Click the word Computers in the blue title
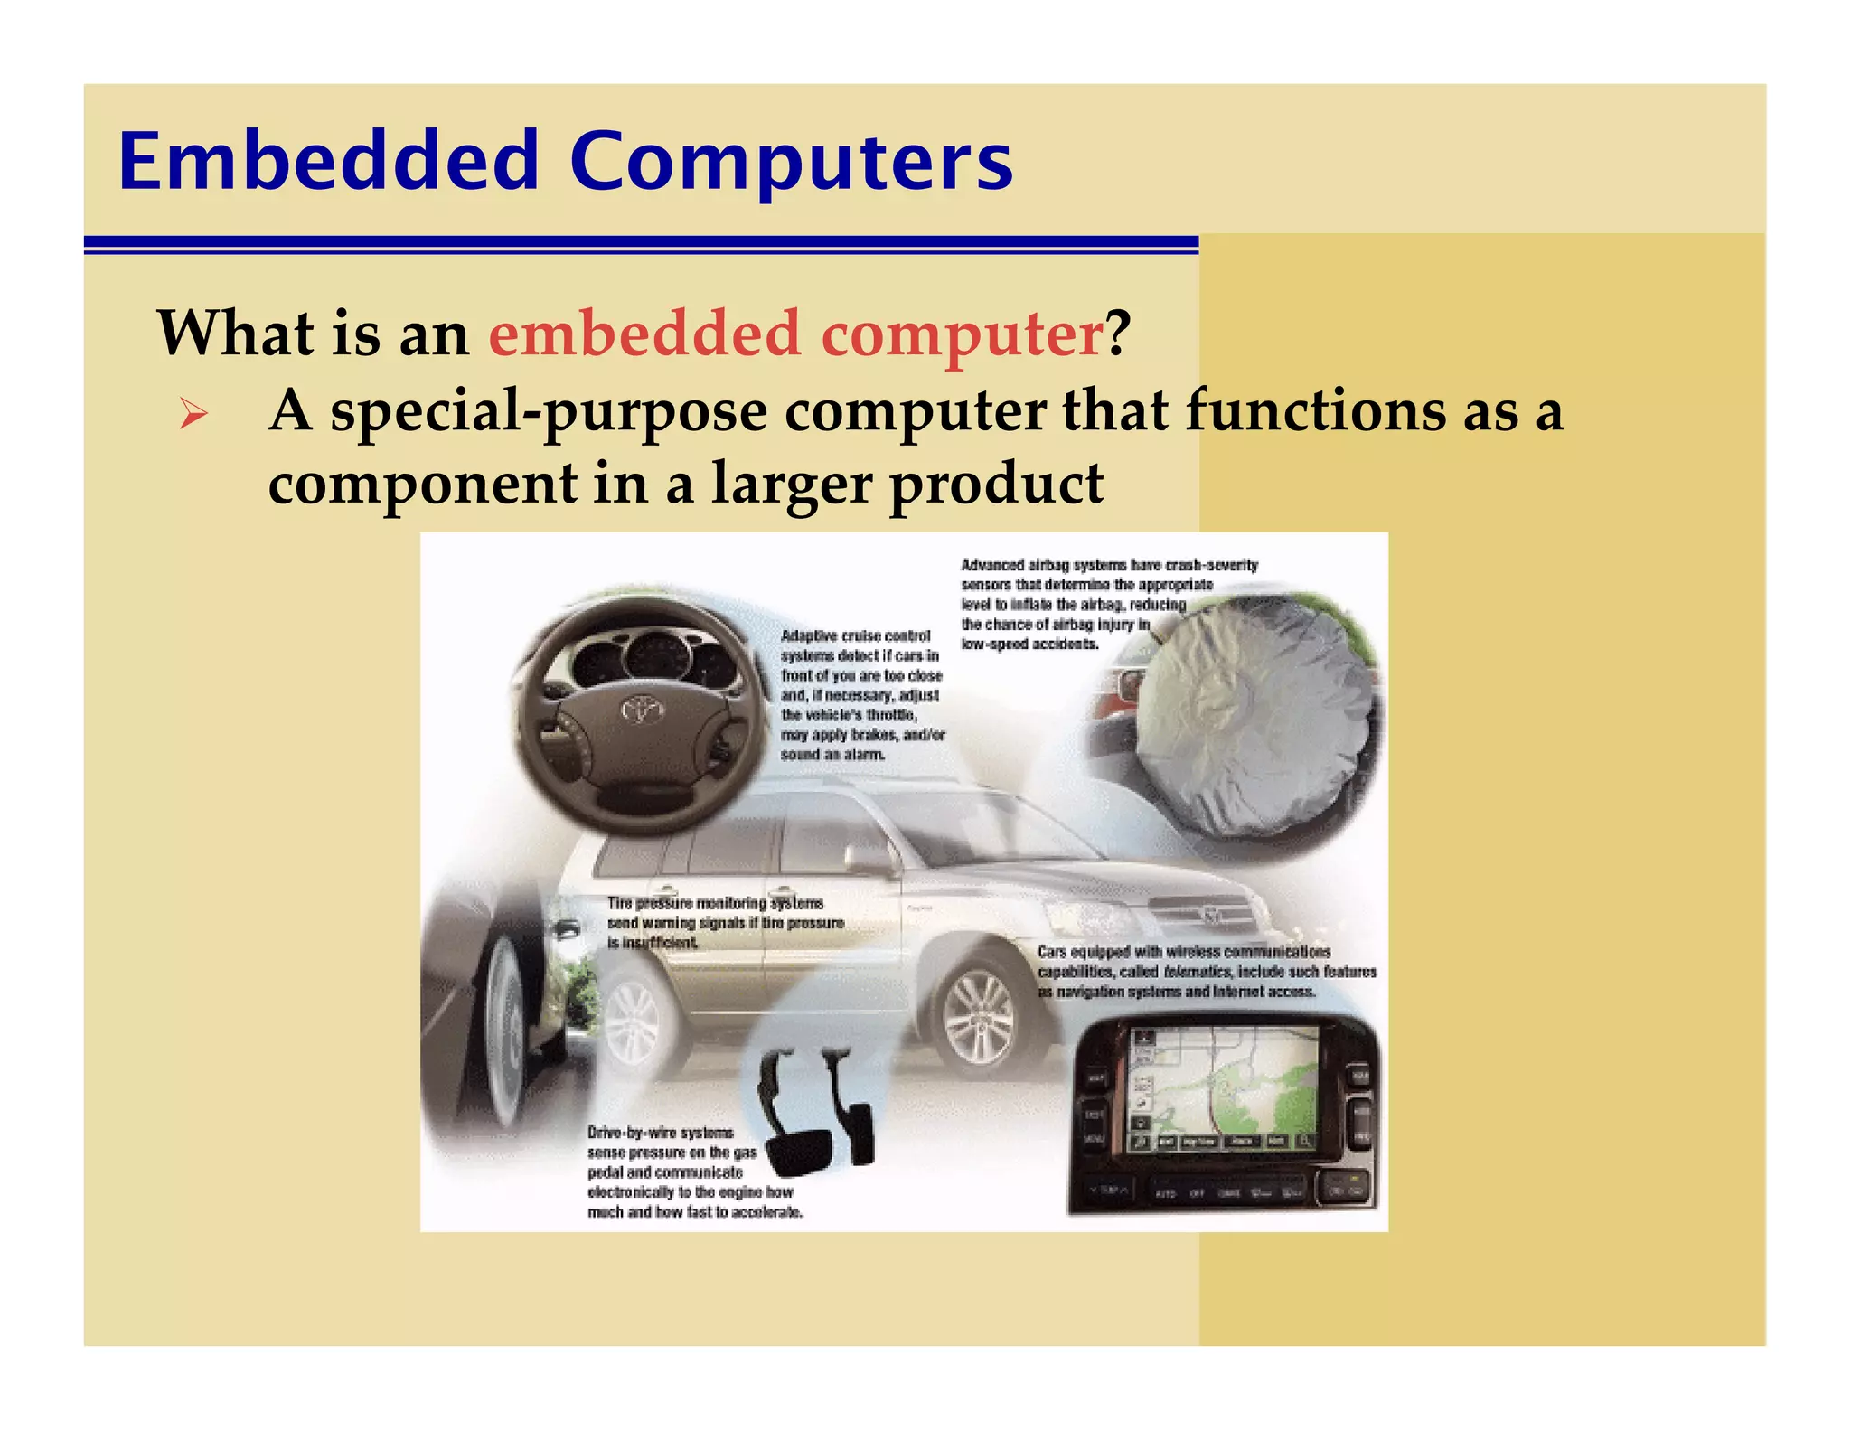[791, 163]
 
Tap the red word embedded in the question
[644, 334]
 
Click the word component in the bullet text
[422, 485]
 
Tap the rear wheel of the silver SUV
[632, 1021]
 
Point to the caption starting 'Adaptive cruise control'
[861, 695]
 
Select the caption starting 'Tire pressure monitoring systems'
[725, 923]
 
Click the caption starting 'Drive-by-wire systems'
[693, 1172]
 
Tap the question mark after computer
[1118, 334]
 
